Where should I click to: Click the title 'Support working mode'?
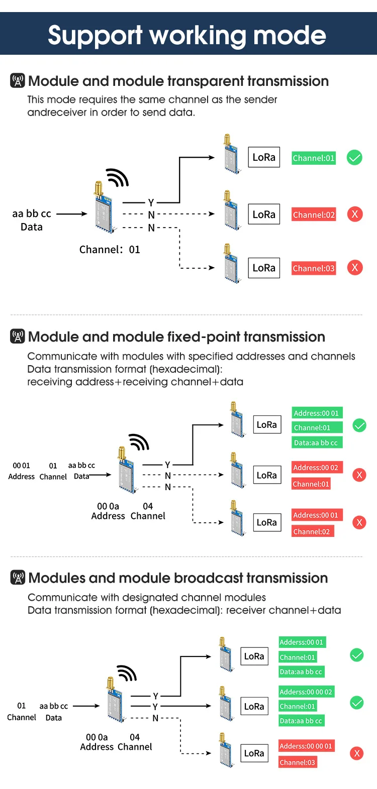(x=187, y=35)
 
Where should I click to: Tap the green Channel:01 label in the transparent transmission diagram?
(x=314, y=158)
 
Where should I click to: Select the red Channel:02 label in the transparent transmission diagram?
(x=314, y=214)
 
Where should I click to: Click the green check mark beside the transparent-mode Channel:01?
(x=354, y=157)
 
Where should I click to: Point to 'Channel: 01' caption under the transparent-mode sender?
(x=110, y=250)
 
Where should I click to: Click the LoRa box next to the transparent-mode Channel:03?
(x=264, y=268)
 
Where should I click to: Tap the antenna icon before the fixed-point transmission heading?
(x=18, y=336)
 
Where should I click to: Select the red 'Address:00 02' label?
(x=316, y=468)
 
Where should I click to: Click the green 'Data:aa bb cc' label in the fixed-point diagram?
(x=316, y=442)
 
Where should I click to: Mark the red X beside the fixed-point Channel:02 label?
(x=359, y=522)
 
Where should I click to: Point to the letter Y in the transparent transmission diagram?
(x=151, y=202)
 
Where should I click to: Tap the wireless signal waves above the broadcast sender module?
(x=127, y=673)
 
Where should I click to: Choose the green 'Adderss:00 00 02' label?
(x=306, y=692)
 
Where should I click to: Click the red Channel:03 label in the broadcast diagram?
(x=297, y=762)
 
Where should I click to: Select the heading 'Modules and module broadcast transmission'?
(x=178, y=578)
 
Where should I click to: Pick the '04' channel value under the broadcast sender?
(x=135, y=737)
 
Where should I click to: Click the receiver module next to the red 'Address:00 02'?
(x=237, y=470)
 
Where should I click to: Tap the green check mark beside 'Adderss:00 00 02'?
(x=357, y=703)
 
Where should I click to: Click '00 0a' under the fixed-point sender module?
(x=108, y=506)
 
